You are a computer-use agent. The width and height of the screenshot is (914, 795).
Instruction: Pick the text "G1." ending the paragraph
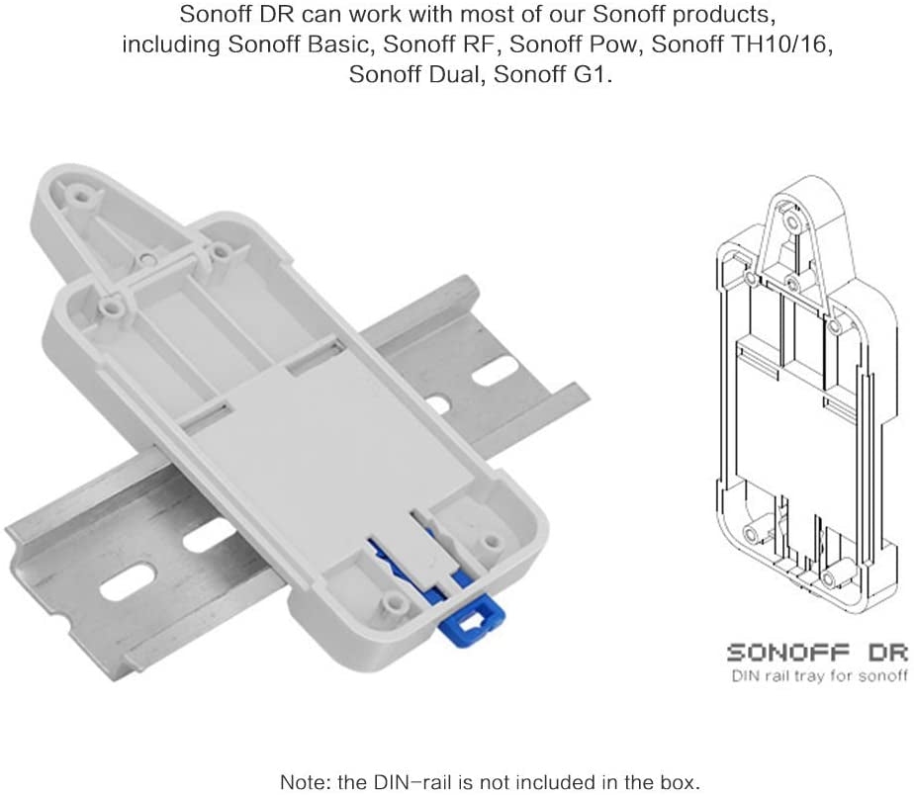coord(594,74)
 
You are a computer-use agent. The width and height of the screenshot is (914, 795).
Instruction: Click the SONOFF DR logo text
coord(817,653)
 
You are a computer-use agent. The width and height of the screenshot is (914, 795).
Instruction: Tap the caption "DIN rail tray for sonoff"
coord(820,676)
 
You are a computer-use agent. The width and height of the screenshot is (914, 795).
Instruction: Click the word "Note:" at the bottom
coord(306,781)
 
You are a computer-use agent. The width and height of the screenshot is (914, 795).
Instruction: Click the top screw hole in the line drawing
coord(791,221)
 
